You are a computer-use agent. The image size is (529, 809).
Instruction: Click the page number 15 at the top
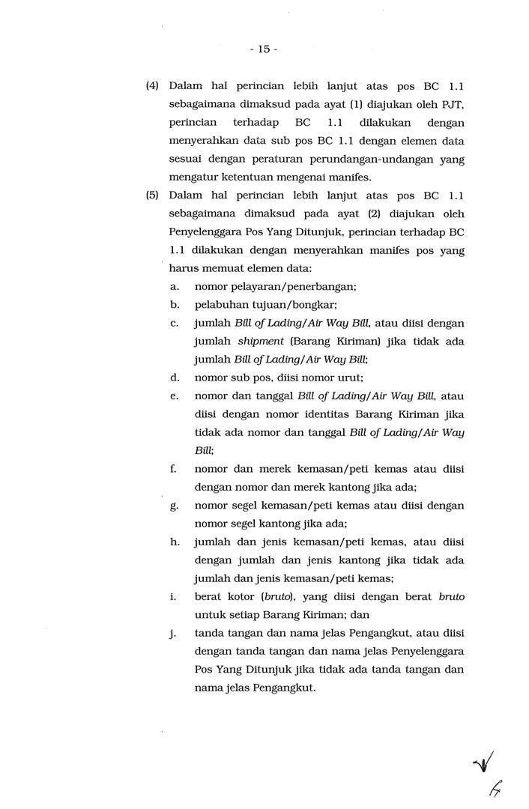264,49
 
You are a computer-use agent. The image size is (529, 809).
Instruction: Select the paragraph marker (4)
152,86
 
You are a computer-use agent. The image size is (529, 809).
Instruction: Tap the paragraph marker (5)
152,196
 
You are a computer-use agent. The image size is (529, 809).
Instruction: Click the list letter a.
174,287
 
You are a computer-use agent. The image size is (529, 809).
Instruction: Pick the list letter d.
174,378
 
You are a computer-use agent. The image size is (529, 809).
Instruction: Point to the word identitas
323,414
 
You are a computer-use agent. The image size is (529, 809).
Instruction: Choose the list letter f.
173,469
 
